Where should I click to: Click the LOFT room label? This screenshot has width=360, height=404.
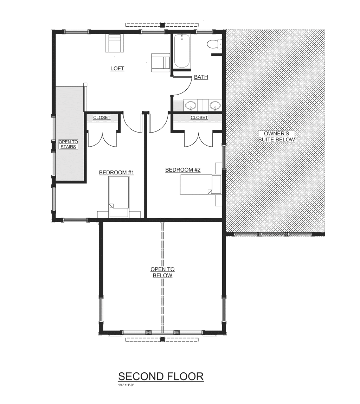coord(117,68)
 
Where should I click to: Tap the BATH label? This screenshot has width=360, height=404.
coord(201,77)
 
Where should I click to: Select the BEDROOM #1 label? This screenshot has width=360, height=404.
coord(116,172)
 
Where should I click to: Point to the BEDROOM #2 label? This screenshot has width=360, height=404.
coord(183,170)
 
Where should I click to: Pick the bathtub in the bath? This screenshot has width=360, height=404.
coord(182,52)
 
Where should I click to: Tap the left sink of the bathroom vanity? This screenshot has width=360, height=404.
coord(191,105)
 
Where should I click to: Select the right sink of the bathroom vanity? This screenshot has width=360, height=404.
coord(215,105)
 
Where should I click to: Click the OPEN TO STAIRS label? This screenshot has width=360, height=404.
coord(68,144)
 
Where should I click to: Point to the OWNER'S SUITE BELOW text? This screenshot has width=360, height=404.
coord(277,136)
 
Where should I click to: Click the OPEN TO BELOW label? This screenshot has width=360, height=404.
coord(162,272)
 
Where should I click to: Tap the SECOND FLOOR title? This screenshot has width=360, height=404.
coord(161,377)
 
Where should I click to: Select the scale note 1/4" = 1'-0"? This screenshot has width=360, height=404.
coord(126,385)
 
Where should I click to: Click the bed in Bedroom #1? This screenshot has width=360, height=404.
coord(118,197)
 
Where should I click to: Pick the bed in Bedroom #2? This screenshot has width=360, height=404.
coord(200,184)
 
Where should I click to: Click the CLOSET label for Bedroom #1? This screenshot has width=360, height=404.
coord(102,117)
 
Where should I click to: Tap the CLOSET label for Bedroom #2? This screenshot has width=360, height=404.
coord(199,117)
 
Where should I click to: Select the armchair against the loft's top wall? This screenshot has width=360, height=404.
coord(114,43)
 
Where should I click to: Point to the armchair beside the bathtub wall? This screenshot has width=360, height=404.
coord(160,63)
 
